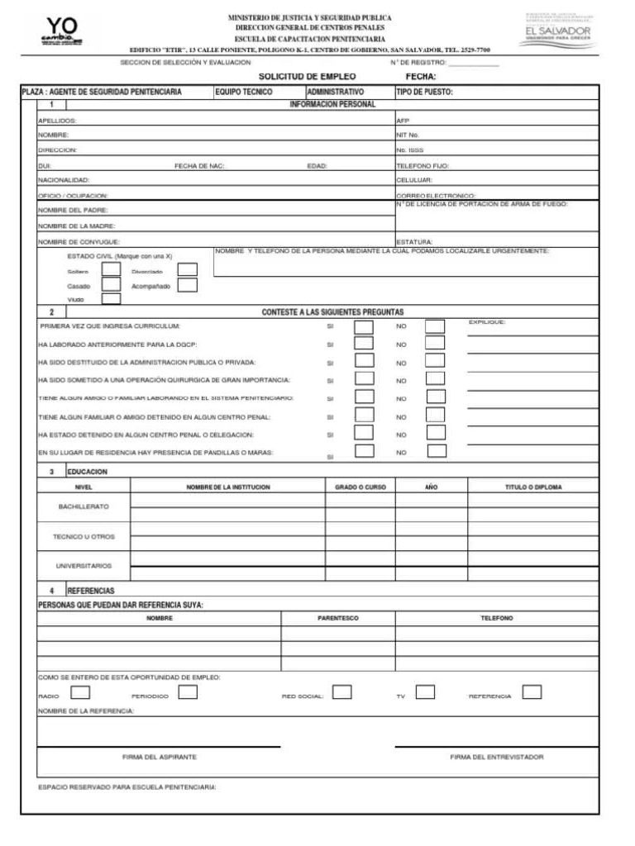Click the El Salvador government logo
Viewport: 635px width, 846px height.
click(558, 30)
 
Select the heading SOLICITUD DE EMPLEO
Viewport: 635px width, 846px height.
click(307, 76)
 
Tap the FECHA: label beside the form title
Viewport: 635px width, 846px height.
click(421, 76)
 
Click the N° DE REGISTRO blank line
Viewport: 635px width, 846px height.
click(473, 63)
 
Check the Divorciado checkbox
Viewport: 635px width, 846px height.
click(188, 269)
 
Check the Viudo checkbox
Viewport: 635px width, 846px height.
click(111, 300)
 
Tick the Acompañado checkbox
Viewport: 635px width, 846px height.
click(188, 285)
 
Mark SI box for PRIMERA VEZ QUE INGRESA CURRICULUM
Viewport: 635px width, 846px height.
click(363, 326)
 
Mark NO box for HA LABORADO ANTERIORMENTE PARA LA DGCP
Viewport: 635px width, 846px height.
click(435, 344)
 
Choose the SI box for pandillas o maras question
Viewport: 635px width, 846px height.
click(363, 452)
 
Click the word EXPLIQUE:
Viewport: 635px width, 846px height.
click(487, 321)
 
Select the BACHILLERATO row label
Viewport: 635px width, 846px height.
click(83, 506)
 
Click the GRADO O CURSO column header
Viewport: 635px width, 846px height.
click(360, 487)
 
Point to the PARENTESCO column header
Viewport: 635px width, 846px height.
click(338, 618)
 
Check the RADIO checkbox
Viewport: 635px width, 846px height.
click(81, 692)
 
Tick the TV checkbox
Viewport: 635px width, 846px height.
click(425, 692)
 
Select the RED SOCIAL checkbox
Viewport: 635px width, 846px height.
click(341, 692)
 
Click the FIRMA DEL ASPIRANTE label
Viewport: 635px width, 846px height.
click(160, 757)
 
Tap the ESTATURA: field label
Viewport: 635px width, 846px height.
click(414, 242)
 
